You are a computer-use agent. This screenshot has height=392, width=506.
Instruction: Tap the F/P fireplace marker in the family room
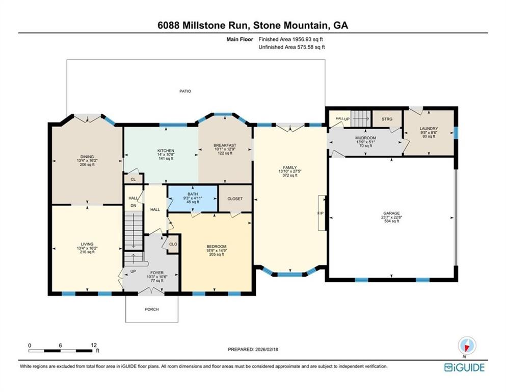point(320,213)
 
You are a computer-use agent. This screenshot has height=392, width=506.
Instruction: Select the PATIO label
point(185,91)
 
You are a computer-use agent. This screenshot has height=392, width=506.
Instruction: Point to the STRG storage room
point(387,119)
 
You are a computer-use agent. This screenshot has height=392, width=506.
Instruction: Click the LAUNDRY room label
point(429,129)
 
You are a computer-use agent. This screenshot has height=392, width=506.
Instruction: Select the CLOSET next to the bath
point(235,199)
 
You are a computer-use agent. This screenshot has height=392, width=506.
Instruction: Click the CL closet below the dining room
point(133,180)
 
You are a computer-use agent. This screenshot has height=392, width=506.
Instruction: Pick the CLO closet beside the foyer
point(173,244)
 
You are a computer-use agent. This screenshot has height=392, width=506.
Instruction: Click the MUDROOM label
point(365,138)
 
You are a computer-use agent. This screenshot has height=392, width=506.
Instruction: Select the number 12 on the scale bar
point(93,345)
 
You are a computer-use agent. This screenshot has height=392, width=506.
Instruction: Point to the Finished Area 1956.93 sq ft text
point(291,39)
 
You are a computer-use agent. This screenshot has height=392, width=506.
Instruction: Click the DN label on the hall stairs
point(133,206)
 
